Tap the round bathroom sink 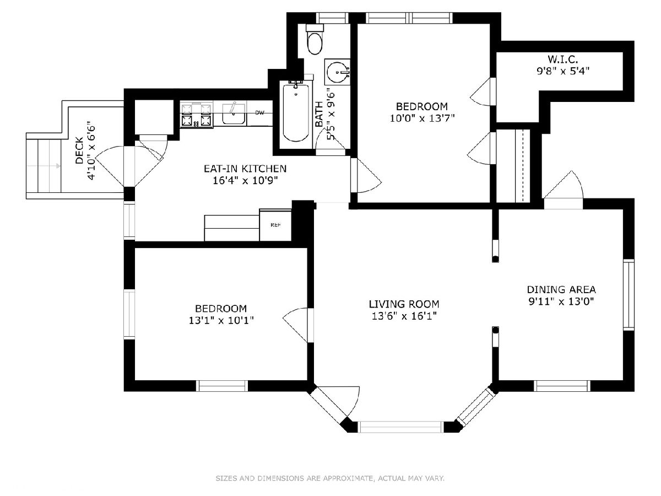pyautogui.click(x=338, y=72)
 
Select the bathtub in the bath pyautogui.click(x=296, y=112)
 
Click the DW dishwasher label pyautogui.click(x=259, y=113)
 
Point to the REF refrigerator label pyautogui.click(x=276, y=225)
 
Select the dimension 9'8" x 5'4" pyautogui.click(x=563, y=71)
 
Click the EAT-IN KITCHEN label pyautogui.click(x=245, y=168)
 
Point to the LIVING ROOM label pyautogui.click(x=404, y=304)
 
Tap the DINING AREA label pyautogui.click(x=561, y=289)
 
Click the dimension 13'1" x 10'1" pyautogui.click(x=221, y=320)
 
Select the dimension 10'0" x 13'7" pyautogui.click(x=422, y=118)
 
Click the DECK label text pyautogui.click(x=79, y=150)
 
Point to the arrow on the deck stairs pyautogui.click(x=44, y=166)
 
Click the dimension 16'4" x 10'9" pyautogui.click(x=245, y=180)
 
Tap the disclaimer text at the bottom pyautogui.click(x=330, y=478)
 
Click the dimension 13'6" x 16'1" pyautogui.click(x=404, y=316)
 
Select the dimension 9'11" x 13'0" pyautogui.click(x=561, y=301)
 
